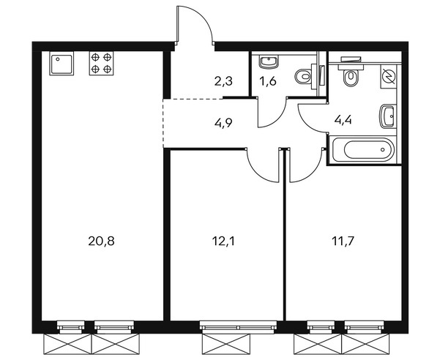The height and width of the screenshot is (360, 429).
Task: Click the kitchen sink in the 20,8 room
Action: click(61, 64)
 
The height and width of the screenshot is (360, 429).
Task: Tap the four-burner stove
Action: click(101, 64)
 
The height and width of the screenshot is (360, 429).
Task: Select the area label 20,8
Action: click(101, 241)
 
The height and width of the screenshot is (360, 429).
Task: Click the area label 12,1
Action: click(223, 241)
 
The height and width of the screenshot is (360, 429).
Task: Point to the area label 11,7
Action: click(343, 241)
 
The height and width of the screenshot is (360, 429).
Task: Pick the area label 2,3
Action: click(223, 81)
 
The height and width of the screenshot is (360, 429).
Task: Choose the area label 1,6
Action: click(268, 81)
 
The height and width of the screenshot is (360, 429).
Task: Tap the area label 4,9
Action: click(223, 123)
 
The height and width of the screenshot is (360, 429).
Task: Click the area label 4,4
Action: click(343, 120)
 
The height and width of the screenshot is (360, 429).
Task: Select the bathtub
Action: click(363, 149)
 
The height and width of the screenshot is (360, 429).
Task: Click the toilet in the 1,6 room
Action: click(303, 77)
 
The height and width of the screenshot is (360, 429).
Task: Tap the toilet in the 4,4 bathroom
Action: click(350, 78)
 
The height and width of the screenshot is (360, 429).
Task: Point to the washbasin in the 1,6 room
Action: click(269, 61)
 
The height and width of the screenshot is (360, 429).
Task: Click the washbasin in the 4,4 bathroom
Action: click(387, 116)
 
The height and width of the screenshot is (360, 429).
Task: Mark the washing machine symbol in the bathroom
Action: click(389, 77)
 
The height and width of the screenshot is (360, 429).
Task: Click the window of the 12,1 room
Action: click(238, 327)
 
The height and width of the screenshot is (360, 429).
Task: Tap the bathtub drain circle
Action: click(382, 150)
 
